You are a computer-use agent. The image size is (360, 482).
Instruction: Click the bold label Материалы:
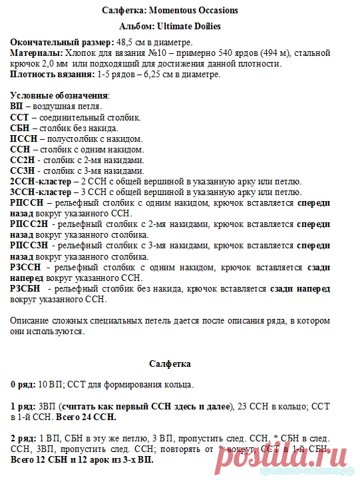click(x=37, y=53)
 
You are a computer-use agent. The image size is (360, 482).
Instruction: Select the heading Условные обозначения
click(x=59, y=95)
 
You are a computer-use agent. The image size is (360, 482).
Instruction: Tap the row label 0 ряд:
click(x=23, y=385)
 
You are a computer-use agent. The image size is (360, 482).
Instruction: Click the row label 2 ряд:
click(x=23, y=439)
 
